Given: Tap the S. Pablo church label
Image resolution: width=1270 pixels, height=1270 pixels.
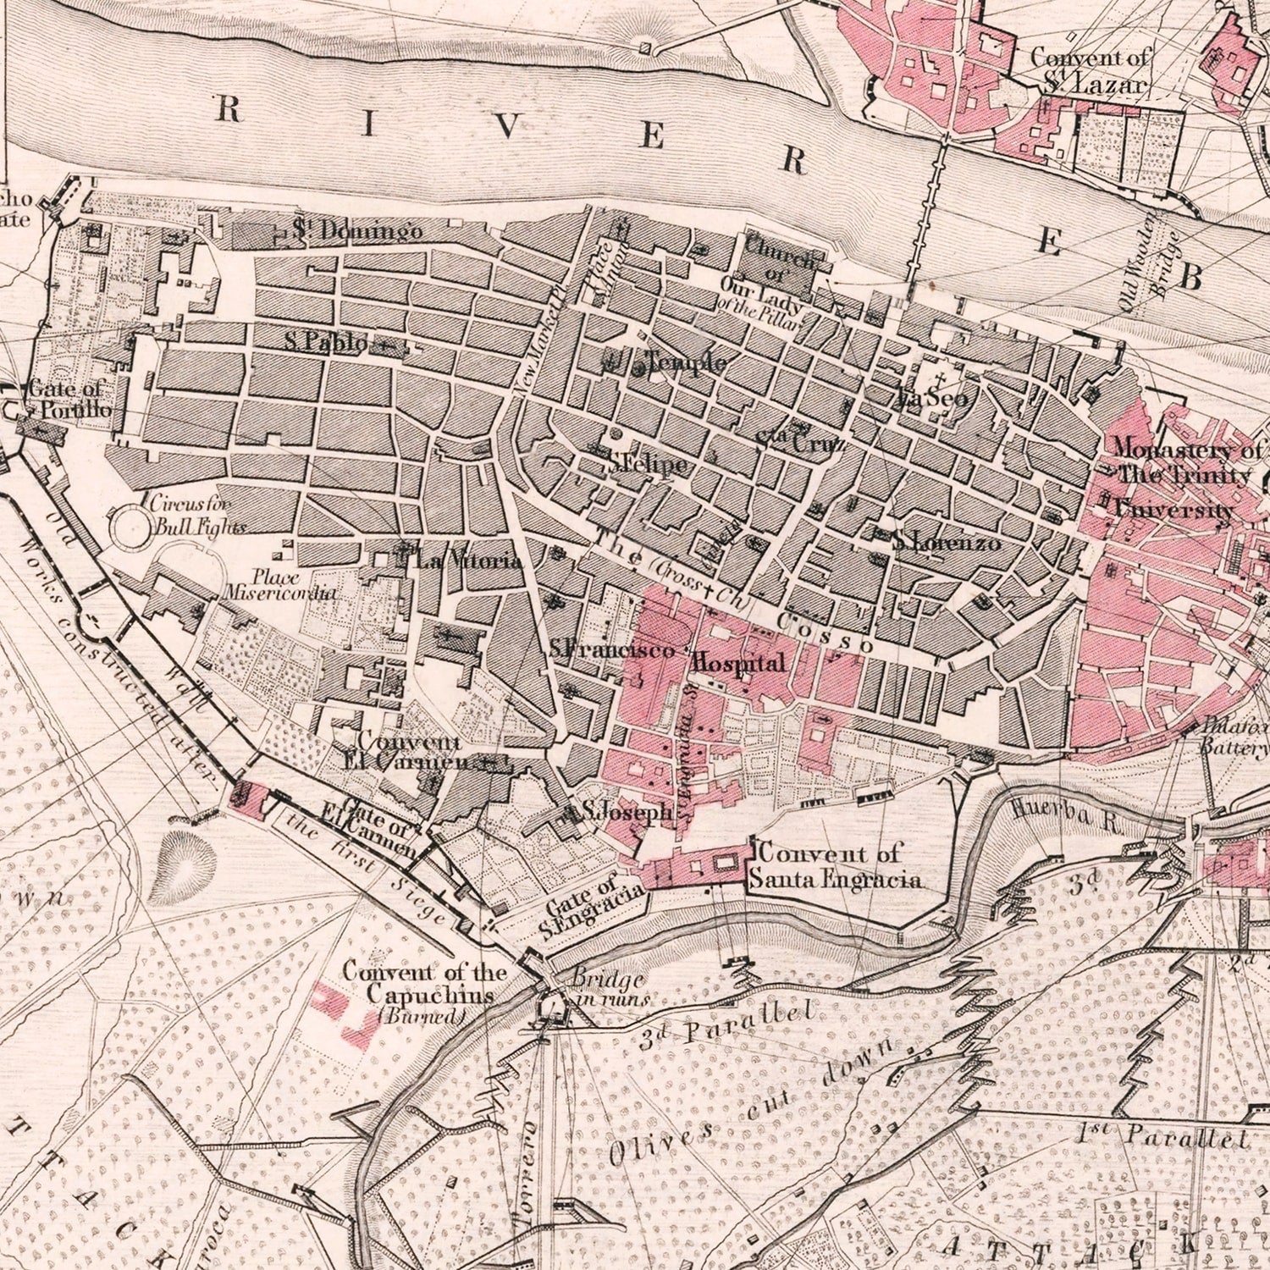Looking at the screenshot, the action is click(x=326, y=343).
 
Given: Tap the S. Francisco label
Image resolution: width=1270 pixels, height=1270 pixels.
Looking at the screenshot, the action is click(x=611, y=650).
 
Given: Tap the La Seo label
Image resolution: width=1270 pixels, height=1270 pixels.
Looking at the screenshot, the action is click(x=931, y=398).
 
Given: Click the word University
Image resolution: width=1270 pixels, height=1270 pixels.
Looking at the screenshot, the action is click(x=1173, y=511).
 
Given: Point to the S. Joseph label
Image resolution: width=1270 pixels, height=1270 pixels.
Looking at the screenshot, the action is click(x=625, y=813).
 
